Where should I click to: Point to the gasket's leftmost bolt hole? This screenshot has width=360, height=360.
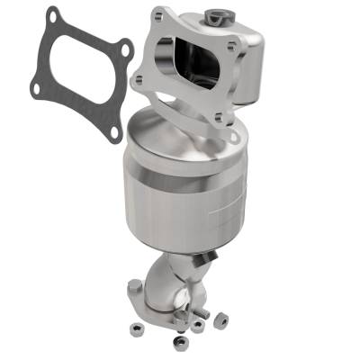[34, 90]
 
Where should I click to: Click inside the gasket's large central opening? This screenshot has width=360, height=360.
[79, 74]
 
